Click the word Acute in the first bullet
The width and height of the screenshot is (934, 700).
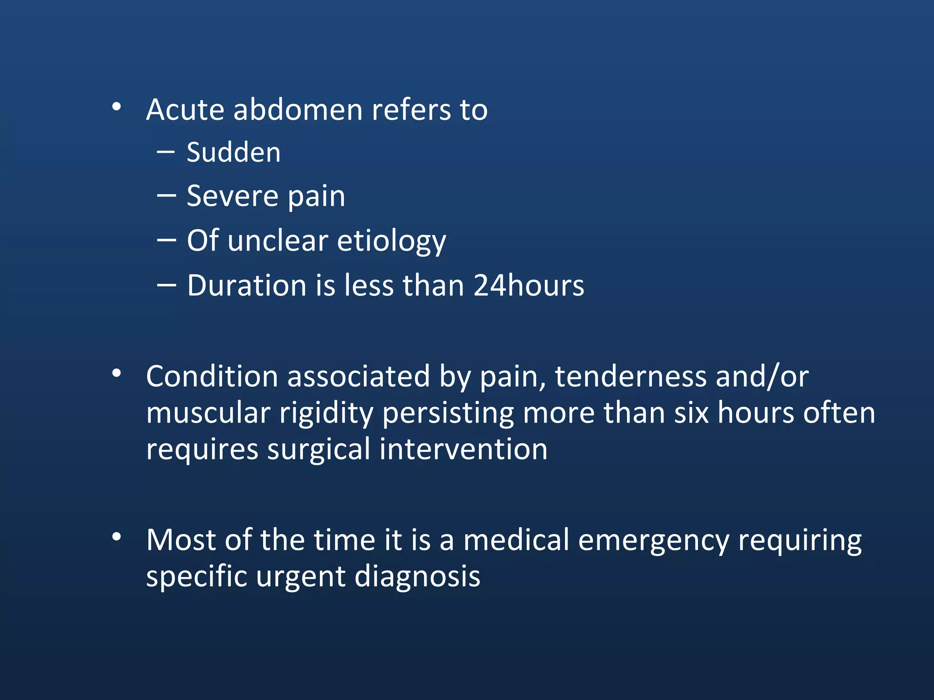point(185,110)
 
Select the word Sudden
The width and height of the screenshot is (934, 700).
point(233,152)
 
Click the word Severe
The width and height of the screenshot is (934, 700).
point(232,196)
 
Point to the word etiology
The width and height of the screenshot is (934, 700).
point(391,241)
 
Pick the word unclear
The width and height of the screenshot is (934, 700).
point(278,241)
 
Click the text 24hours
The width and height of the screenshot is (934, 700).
point(529,286)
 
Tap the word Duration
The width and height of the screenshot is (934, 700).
point(247,286)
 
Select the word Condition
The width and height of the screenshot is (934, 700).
point(212,376)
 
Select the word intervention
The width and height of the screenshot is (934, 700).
point(463,449)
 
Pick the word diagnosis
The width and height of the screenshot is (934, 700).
point(417,576)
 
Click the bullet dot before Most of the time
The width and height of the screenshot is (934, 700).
point(117,537)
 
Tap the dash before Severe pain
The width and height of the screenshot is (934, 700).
point(166,196)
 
